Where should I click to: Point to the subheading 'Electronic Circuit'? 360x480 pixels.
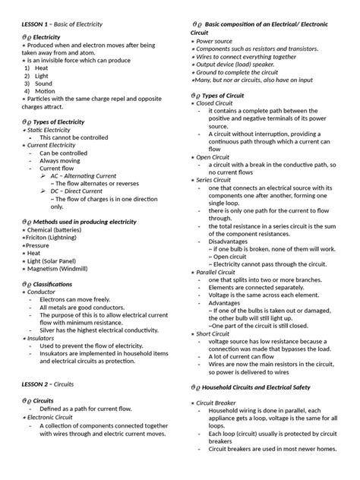(53, 417)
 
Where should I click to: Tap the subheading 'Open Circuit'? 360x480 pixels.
(217, 157)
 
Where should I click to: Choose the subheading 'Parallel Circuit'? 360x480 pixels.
(221, 272)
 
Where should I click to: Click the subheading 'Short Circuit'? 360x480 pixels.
(217, 333)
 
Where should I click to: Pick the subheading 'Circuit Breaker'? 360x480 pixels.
(220, 403)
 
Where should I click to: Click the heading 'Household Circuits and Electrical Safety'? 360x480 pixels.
(273, 387)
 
